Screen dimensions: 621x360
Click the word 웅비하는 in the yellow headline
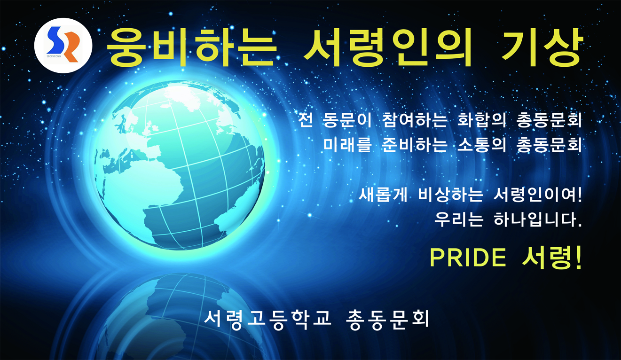192,47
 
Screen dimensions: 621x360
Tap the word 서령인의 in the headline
388,47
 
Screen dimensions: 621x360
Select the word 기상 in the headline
541,47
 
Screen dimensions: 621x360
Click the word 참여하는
415,120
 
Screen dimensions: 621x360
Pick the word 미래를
347,144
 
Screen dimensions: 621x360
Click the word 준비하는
415,144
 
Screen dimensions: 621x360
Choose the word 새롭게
383,195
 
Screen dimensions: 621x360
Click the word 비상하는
450,195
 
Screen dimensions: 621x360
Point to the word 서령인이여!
537,195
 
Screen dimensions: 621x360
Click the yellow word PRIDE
468,258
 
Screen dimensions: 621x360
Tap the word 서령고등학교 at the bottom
267,320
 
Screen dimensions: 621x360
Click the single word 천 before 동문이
306,120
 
